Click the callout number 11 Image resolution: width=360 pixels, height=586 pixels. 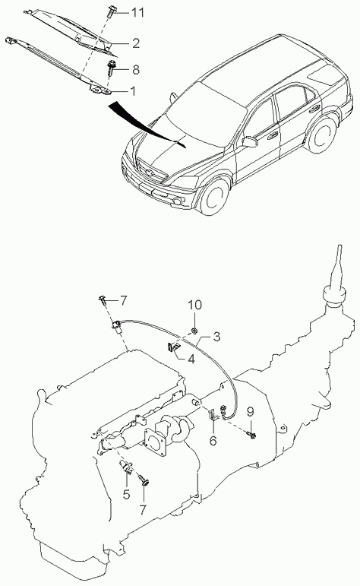137,12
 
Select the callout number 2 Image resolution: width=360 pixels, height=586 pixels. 135,43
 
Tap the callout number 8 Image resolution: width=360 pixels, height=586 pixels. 134,69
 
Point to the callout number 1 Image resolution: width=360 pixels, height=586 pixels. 132,90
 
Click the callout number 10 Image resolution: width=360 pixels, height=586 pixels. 194,305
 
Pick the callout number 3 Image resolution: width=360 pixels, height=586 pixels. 216,337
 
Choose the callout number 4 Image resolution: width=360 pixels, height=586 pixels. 191,360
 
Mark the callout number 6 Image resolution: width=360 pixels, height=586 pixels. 213,441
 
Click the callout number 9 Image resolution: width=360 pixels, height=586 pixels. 250,411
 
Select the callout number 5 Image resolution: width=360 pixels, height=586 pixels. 126,494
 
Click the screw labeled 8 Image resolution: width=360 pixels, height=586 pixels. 112,68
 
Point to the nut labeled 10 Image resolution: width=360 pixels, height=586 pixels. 194,330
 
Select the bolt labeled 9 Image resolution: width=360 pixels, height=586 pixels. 251,434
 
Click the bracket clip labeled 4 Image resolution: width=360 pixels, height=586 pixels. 173,347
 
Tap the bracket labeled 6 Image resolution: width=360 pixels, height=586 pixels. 213,415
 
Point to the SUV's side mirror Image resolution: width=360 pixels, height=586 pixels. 249,141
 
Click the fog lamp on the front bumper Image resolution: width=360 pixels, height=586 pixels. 178,202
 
